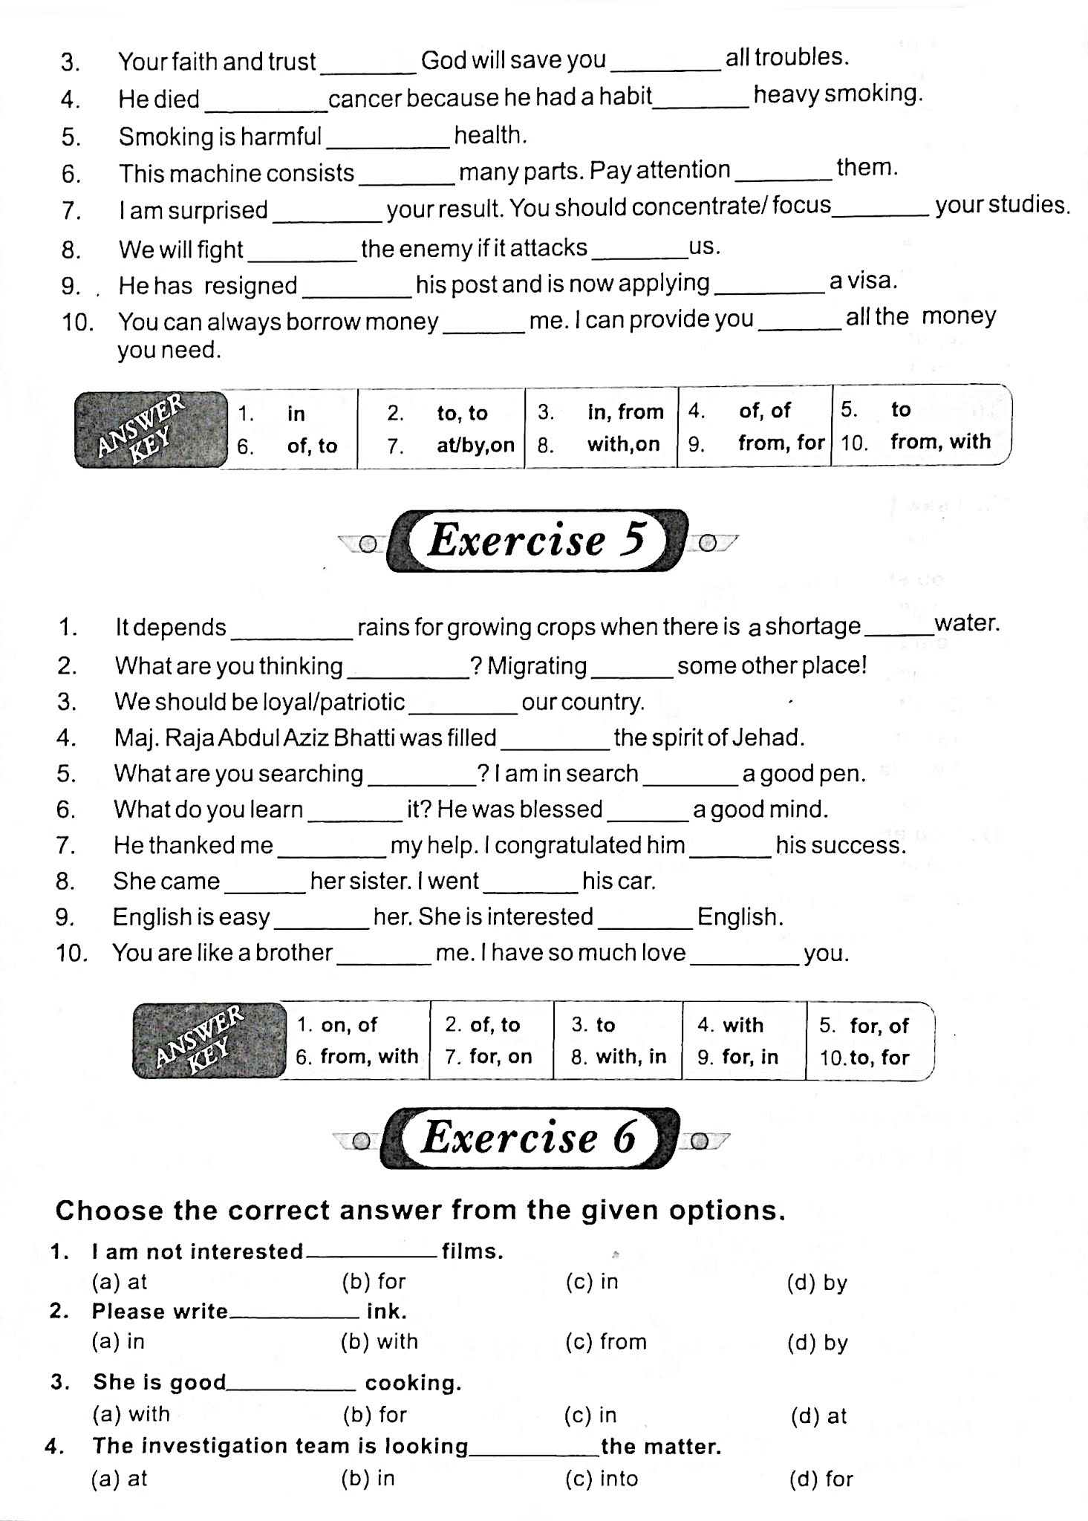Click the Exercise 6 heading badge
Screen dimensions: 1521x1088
(x=530, y=1137)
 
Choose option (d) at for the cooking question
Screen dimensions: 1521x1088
(x=818, y=1416)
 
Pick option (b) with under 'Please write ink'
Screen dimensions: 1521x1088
(x=379, y=1341)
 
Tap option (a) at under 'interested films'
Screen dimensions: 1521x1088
(x=120, y=1282)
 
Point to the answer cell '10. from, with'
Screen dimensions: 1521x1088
(x=917, y=442)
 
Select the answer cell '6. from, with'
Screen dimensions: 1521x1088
(x=357, y=1056)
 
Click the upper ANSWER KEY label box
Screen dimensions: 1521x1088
(x=151, y=429)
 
